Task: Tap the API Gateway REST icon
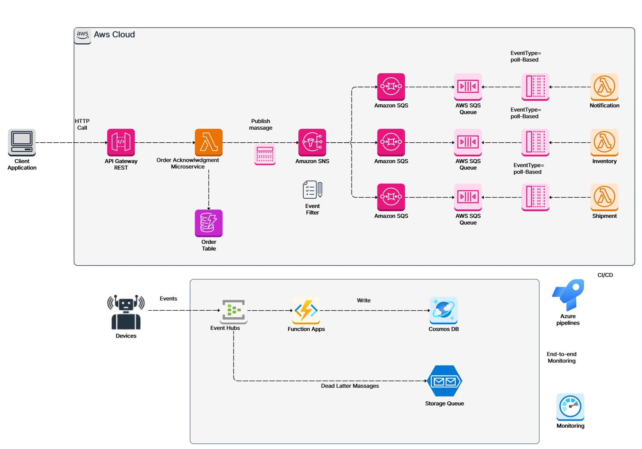[x=121, y=142]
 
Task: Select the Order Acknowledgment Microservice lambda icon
[x=208, y=142]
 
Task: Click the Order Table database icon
[x=208, y=223]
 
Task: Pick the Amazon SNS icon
[x=312, y=142]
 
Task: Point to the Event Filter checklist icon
[x=312, y=189]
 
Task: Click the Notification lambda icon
[x=604, y=87]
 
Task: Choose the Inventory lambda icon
[x=604, y=142]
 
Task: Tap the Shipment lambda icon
[x=604, y=197]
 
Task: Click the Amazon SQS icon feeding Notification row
[x=391, y=87]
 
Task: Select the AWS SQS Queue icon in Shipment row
[x=468, y=197]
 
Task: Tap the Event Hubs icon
[x=234, y=310]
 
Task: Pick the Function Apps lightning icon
[x=306, y=310]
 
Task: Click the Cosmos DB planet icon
[x=443, y=310]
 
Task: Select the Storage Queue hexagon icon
[x=444, y=381]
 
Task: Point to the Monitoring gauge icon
[x=570, y=407]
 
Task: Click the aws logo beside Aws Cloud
[x=82, y=35]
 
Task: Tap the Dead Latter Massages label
[x=350, y=386]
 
